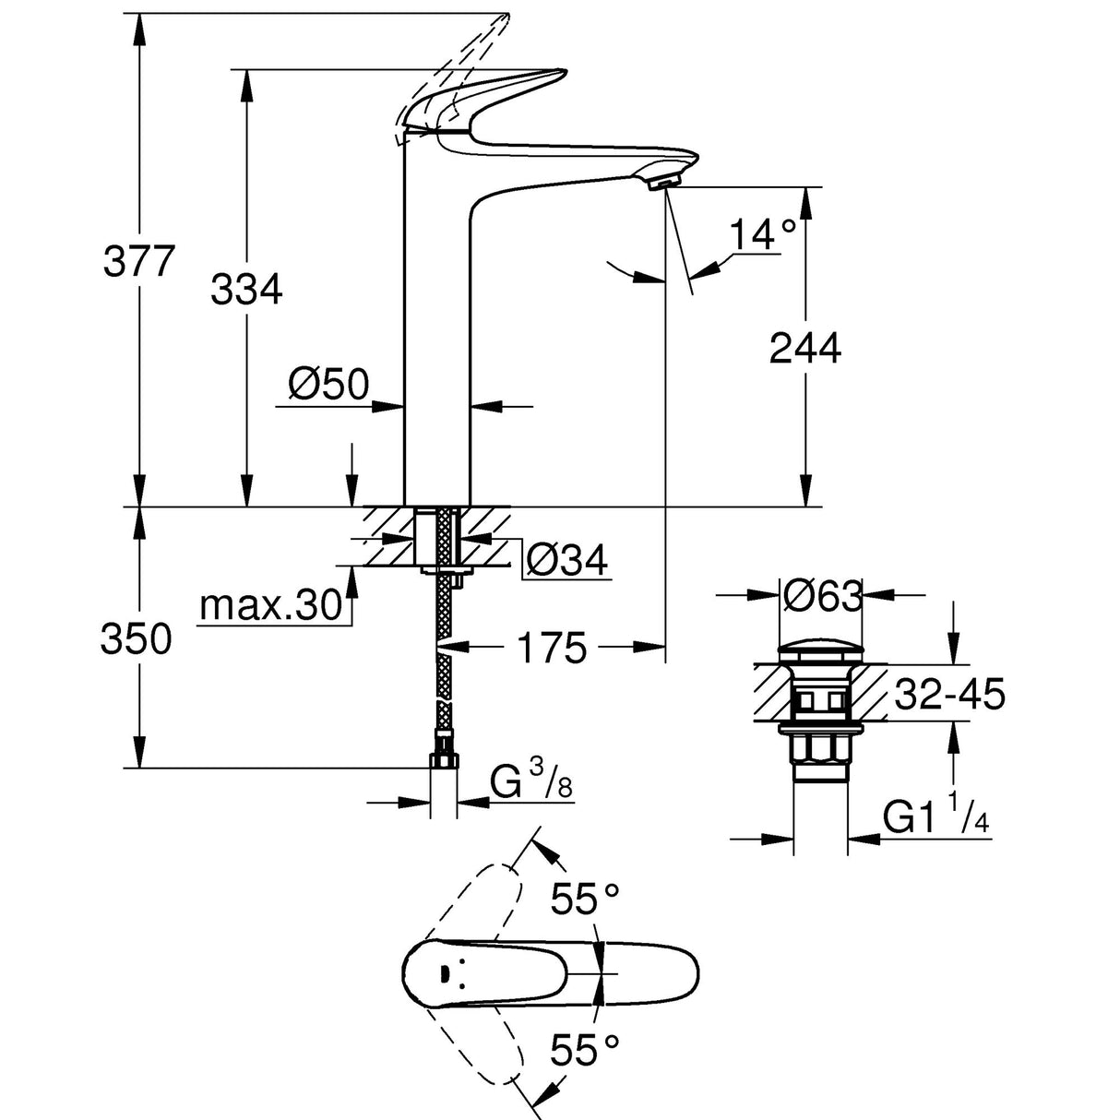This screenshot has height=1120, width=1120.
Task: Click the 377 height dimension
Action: tap(137, 262)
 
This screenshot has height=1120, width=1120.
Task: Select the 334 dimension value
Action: tap(246, 291)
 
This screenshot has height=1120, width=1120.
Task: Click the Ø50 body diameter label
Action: tap(328, 384)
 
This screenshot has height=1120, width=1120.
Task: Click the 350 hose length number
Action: tap(137, 639)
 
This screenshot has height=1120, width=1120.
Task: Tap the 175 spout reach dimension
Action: tap(551, 649)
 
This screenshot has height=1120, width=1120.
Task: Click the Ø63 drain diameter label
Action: tap(821, 597)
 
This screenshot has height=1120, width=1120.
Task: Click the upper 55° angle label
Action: tap(585, 898)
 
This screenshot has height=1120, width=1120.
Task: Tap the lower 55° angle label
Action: tap(585, 1050)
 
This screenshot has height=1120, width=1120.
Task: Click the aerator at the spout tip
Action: tap(662, 184)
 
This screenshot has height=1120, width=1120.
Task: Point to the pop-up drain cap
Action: tap(820, 649)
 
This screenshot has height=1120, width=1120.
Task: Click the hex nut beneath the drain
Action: tap(820, 748)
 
